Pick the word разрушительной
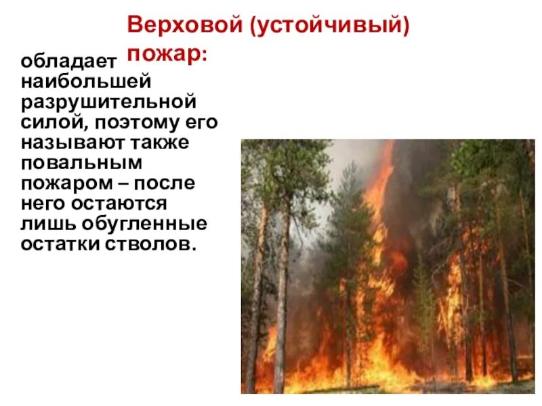point(108,103)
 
